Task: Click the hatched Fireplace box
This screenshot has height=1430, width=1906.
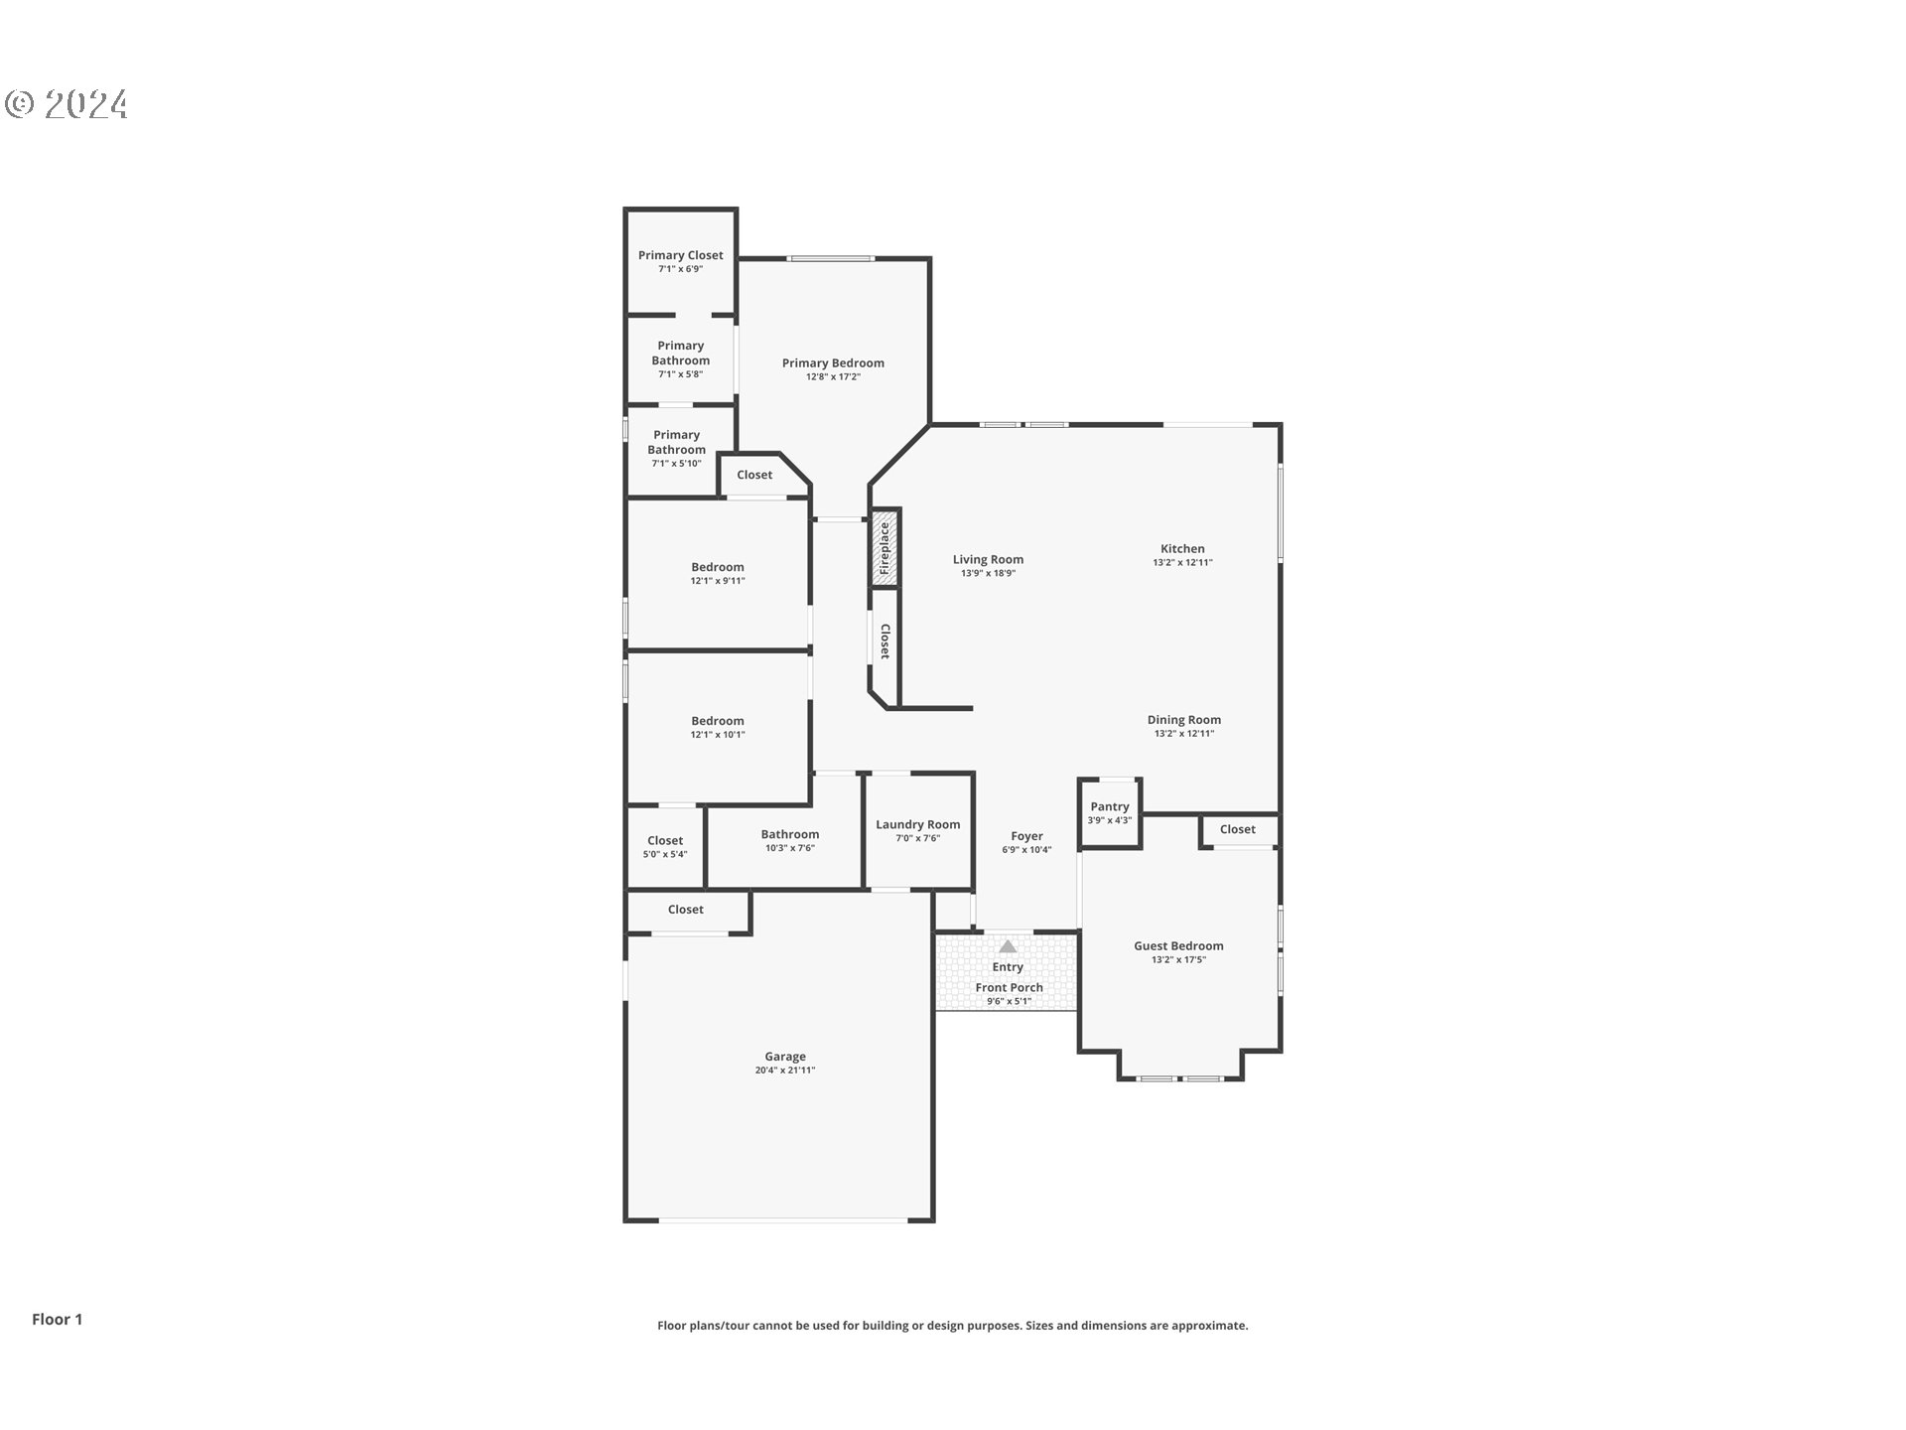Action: [x=885, y=547]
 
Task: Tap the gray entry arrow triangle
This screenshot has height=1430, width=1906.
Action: [x=1008, y=946]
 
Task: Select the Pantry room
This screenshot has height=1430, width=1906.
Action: [x=1110, y=813]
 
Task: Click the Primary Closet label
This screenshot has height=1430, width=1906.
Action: [x=680, y=255]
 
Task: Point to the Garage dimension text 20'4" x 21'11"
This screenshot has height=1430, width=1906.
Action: [x=784, y=1071]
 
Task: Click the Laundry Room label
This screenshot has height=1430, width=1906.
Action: [x=917, y=824]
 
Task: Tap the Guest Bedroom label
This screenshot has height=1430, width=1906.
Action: [x=1178, y=945]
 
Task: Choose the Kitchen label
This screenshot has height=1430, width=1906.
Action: [x=1182, y=548]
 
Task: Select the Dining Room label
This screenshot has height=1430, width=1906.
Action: [x=1183, y=720]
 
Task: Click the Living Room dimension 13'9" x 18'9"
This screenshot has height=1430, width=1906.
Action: [x=988, y=574]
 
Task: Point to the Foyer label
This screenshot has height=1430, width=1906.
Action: [x=1026, y=836]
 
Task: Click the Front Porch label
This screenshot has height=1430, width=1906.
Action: [x=1009, y=987]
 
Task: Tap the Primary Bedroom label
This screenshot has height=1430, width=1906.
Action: [x=833, y=362]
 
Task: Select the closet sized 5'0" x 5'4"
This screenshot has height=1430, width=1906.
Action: [x=665, y=847]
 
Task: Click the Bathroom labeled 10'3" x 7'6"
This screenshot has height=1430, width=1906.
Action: [x=790, y=840]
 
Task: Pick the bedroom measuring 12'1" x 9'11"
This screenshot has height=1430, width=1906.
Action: [x=718, y=574]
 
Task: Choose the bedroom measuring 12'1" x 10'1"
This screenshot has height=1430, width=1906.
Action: [x=718, y=728]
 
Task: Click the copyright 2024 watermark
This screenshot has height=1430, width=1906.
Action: [x=67, y=104]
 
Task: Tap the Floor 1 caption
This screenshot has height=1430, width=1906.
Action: [x=58, y=1319]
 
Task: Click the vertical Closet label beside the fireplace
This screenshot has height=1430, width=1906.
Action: [x=885, y=642]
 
